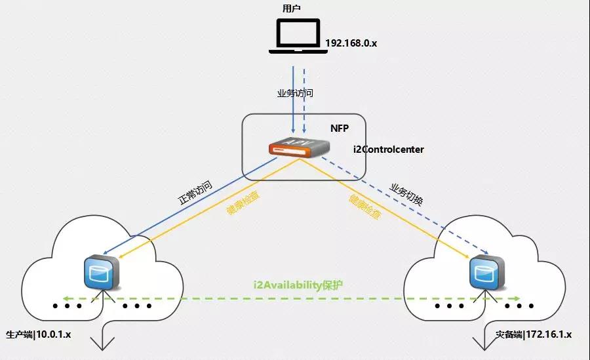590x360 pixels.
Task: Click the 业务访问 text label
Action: click(296, 93)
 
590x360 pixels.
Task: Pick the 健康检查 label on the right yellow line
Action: click(364, 207)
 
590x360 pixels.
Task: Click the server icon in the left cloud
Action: click(101, 273)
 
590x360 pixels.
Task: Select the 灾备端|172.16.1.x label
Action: click(534, 334)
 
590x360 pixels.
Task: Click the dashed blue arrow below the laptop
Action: click(304, 98)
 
